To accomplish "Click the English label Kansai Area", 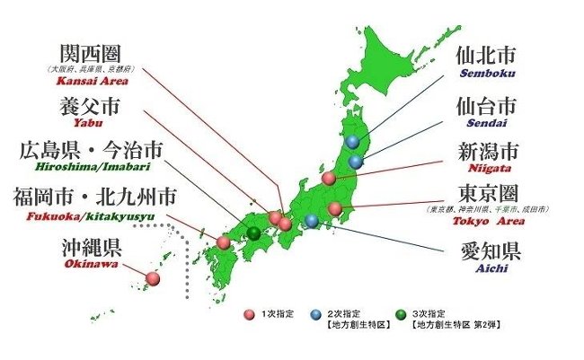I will point(90,81).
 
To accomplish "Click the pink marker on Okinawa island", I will point(153,278).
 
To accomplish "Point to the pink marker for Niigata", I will point(329,178).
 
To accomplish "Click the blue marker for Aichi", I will point(311,221).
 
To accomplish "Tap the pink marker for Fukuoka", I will point(224,242).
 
